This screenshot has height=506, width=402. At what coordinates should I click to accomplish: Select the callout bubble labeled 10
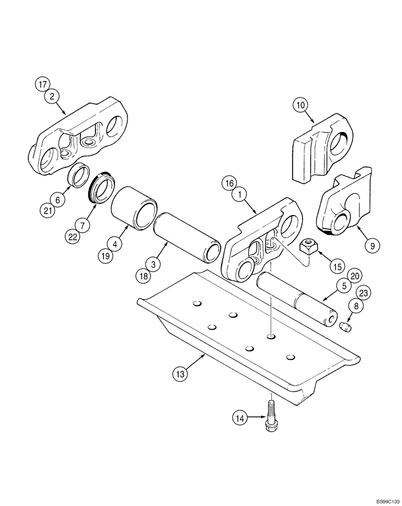300,105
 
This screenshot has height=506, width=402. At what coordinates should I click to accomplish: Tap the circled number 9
372,246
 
